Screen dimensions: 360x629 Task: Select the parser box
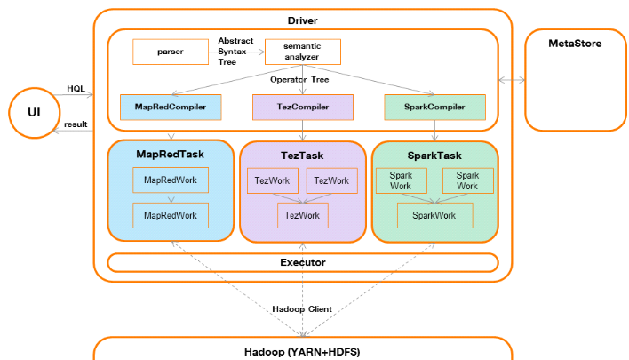pyautogui.click(x=170, y=52)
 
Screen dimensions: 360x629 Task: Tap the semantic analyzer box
pyautogui.click(x=303, y=52)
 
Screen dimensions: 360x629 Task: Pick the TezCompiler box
pyautogui.click(x=302, y=107)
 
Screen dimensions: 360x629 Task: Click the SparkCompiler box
pyautogui.click(x=434, y=107)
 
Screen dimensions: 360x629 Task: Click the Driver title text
pyautogui.click(x=302, y=20)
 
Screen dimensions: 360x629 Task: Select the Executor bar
pyautogui.click(x=302, y=262)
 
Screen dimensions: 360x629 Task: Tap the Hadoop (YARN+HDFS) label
pyautogui.click(x=302, y=351)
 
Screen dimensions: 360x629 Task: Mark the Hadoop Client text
pyautogui.click(x=302, y=308)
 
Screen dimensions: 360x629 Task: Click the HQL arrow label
pyautogui.click(x=76, y=89)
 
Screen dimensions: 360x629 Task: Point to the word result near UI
pyautogui.click(x=76, y=124)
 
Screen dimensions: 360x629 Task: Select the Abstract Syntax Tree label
pyautogui.click(x=235, y=51)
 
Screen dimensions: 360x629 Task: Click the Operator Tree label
pyautogui.click(x=302, y=79)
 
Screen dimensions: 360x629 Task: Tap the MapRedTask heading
pyautogui.click(x=170, y=154)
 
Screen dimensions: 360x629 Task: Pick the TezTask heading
pyautogui.click(x=302, y=155)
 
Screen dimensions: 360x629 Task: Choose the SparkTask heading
pyautogui.click(x=433, y=155)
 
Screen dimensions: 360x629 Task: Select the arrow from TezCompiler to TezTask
pyautogui.click(x=303, y=130)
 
